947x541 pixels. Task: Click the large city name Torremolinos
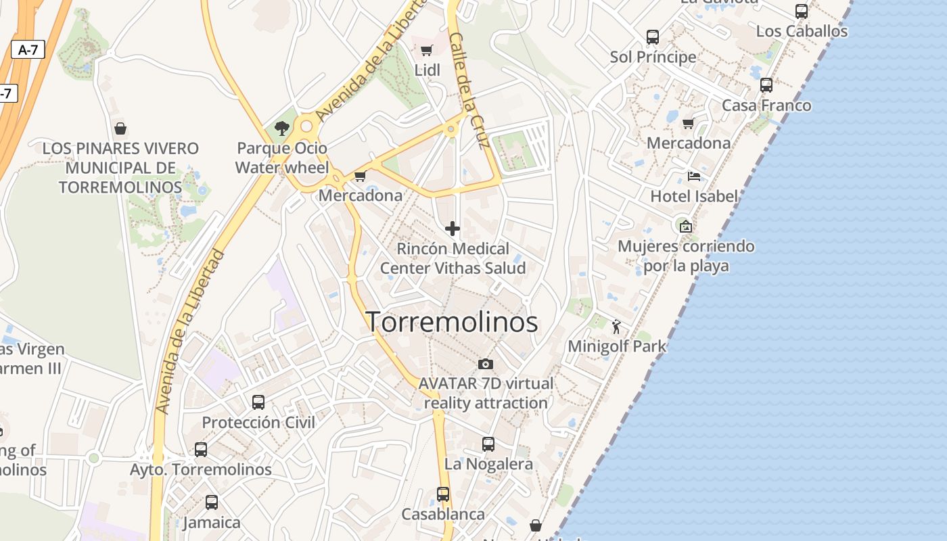[452, 322]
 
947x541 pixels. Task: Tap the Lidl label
[427, 70]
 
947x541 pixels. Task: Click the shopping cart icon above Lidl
[427, 50]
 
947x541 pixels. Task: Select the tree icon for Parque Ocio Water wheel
[282, 128]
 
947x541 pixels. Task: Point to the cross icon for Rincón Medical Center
[453, 229]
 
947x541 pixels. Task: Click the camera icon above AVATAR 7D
[485, 364]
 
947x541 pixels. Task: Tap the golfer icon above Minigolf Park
[616, 327]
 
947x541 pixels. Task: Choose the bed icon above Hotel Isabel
[693, 177]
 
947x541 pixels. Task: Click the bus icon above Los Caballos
[802, 11]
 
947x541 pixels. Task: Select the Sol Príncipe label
[653, 57]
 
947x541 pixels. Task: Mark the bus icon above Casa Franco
[766, 85]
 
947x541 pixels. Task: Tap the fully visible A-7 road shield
[28, 49]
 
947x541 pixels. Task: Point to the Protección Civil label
[258, 423]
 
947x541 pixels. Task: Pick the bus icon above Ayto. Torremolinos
[201, 450]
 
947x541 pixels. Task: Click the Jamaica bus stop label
[212, 523]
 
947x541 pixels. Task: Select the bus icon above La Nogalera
[488, 444]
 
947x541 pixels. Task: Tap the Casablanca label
[443, 515]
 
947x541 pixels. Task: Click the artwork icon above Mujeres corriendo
[685, 227]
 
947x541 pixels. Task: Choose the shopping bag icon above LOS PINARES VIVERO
[120, 128]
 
